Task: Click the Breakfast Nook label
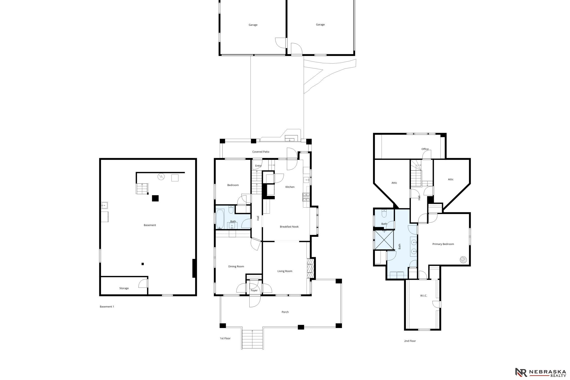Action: point(289,227)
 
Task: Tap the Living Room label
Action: point(285,271)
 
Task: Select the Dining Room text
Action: point(236,266)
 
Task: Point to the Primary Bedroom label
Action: point(443,244)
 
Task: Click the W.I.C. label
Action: point(424,296)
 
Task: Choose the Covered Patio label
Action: point(261,152)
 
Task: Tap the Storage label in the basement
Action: point(124,288)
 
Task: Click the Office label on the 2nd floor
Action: point(425,149)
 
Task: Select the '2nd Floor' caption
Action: point(410,341)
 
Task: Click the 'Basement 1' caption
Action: point(107,307)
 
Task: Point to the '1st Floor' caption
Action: point(225,338)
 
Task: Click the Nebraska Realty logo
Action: point(540,372)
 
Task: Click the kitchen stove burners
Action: point(306,197)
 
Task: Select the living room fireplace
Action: point(311,269)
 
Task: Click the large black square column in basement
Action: point(155,198)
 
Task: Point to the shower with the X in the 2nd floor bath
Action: point(384,240)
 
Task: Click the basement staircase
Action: point(142,189)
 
